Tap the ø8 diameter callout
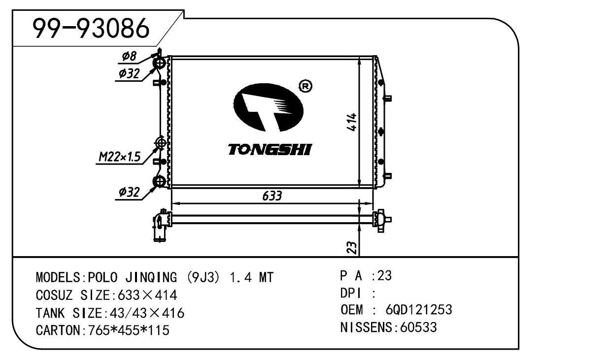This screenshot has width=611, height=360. [129, 57]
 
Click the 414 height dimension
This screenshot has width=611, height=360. [352, 121]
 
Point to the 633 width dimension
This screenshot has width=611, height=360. [272, 196]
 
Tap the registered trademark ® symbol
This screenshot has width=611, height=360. [305, 87]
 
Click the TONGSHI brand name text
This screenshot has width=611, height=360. [270, 149]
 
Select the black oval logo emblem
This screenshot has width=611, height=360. [267, 106]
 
